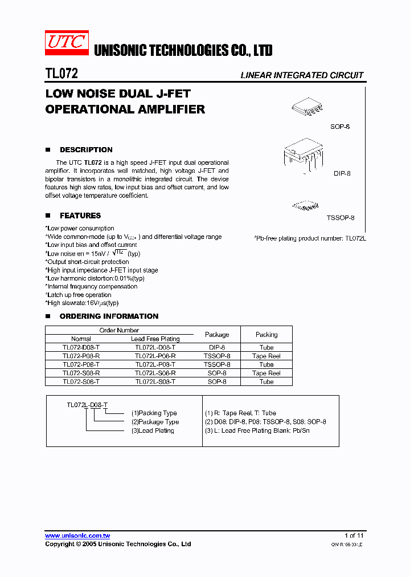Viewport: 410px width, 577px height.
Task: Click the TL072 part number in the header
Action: [61, 74]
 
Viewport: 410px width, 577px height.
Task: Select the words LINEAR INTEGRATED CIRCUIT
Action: [302, 75]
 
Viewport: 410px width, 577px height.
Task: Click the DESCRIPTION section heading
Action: [86, 150]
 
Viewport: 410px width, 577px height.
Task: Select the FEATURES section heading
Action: [80, 216]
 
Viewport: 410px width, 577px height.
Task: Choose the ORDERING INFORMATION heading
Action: [109, 316]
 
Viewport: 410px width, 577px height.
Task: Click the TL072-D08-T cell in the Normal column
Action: [81, 347]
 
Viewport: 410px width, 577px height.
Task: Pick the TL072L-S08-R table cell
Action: [155, 373]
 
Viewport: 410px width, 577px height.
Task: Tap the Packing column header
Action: [266, 335]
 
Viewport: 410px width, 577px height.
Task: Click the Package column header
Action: [217, 335]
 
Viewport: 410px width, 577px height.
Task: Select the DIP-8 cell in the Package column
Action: [217, 347]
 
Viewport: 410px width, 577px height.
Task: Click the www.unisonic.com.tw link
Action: [77, 536]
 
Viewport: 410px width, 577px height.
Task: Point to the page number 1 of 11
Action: [354, 536]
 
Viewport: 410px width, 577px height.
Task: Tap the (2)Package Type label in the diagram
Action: [155, 422]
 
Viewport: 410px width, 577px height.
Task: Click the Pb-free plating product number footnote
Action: [309, 238]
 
